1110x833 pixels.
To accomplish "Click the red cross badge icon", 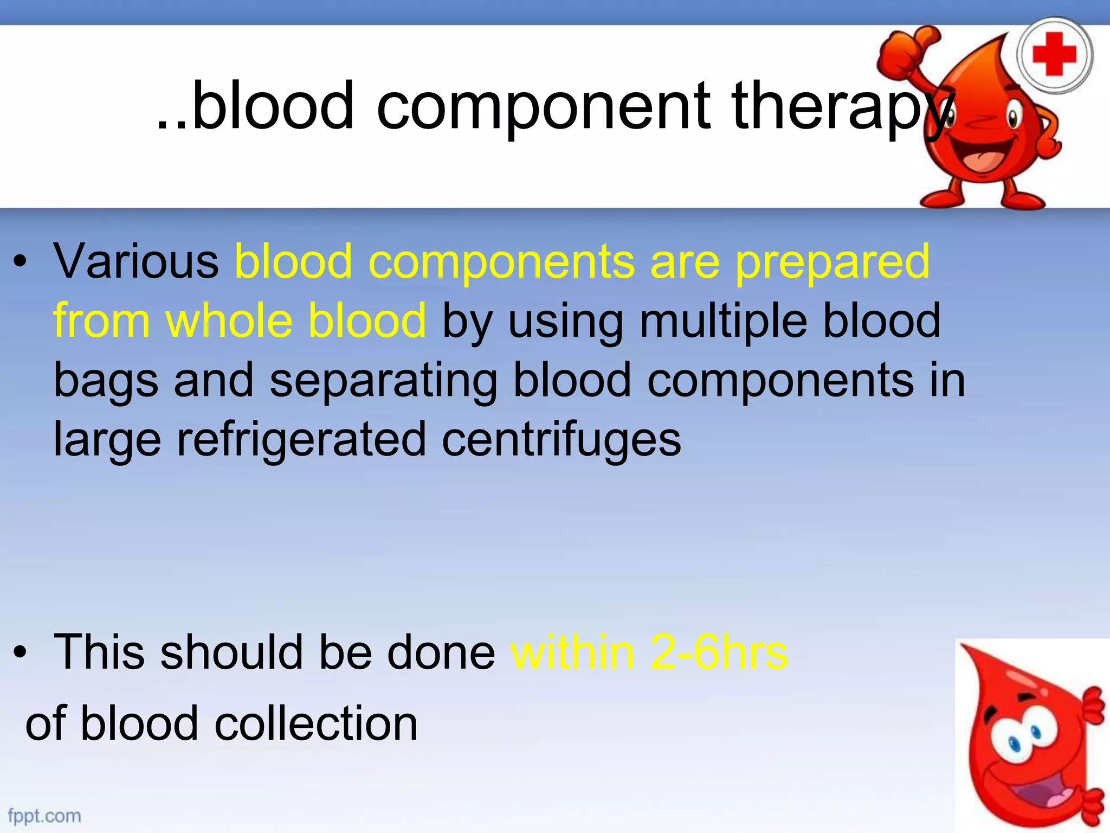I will click(x=1054, y=54).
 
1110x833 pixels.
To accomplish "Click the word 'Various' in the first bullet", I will click(x=136, y=261).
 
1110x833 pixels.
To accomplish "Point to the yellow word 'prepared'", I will click(x=832, y=262).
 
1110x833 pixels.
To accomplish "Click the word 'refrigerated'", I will click(x=301, y=439).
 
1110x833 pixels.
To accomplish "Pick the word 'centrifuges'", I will click(x=561, y=439).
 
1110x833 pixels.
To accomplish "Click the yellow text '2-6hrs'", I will click(x=719, y=652).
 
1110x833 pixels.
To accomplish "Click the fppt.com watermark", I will click(x=44, y=816).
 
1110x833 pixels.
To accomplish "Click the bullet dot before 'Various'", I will click(x=20, y=264).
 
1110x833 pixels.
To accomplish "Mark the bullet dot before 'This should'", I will click(x=20, y=653).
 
